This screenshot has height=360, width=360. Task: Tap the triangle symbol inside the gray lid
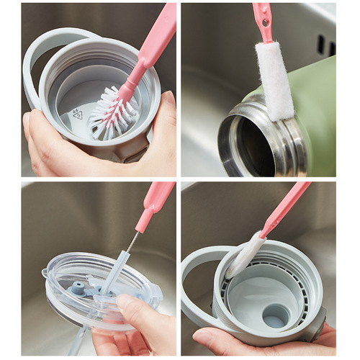pos(78,113)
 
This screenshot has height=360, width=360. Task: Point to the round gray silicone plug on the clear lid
pos(77,288)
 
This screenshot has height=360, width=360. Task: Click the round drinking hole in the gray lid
pos(274,315)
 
